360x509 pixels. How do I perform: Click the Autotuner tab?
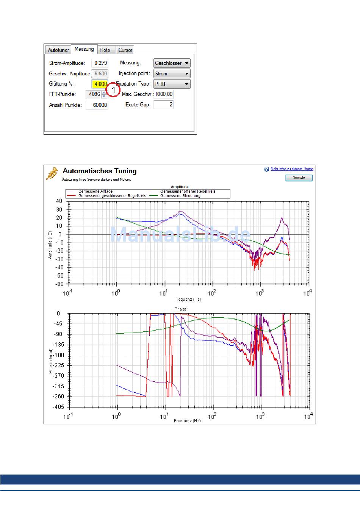coord(58,50)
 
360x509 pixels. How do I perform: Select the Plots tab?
coord(105,50)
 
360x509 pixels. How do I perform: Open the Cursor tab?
coord(125,50)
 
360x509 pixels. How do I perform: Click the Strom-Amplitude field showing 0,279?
coord(100,63)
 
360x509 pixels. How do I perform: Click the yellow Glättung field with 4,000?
coord(100,84)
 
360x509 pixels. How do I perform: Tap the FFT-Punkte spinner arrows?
coord(104,95)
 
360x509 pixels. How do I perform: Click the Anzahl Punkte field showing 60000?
coord(97,105)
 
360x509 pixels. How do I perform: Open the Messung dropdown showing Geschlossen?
coord(172,63)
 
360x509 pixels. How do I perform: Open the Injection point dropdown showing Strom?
coord(172,74)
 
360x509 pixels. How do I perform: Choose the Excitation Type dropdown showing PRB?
coord(172,84)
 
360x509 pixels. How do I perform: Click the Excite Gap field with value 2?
coord(164,105)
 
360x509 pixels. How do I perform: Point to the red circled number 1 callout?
coord(113,90)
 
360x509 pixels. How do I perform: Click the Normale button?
coord(299,178)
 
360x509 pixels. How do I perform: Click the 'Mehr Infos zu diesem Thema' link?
coord(291,169)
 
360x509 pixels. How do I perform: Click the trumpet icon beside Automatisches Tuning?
coord(52,173)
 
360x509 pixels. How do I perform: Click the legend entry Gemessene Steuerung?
coord(180,196)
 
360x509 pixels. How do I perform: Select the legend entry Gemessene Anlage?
coord(95,191)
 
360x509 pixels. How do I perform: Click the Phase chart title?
coord(180,309)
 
